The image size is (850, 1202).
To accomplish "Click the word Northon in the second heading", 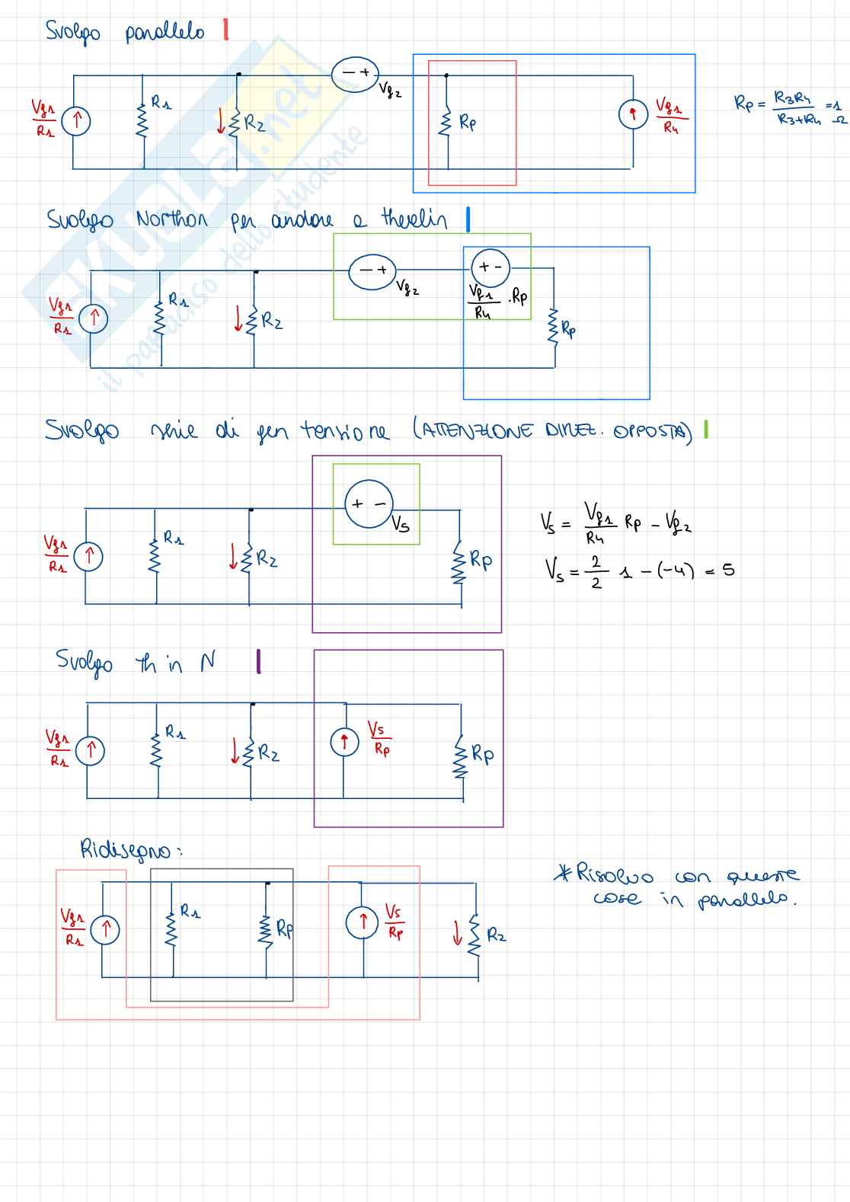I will coord(171,220).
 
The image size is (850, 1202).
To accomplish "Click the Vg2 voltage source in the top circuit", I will coord(355,74).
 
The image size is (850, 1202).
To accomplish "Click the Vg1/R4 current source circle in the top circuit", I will coord(632,115).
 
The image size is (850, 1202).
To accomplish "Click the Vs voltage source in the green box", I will coord(369,503).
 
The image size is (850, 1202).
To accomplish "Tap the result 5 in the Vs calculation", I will coord(729,570).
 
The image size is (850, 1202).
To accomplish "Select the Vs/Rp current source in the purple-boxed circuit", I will coord(344,741).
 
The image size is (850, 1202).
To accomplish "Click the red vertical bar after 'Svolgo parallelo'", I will coord(225,30).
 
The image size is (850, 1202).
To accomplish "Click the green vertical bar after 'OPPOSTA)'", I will coord(706,430).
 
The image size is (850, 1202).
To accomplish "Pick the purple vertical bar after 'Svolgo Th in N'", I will coord(259,661).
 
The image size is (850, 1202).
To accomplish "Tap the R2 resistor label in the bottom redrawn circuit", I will coord(496,935).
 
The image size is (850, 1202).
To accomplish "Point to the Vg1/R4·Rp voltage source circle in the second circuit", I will coord(491,267).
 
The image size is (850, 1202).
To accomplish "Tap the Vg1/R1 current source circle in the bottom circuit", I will coord(105,929).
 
